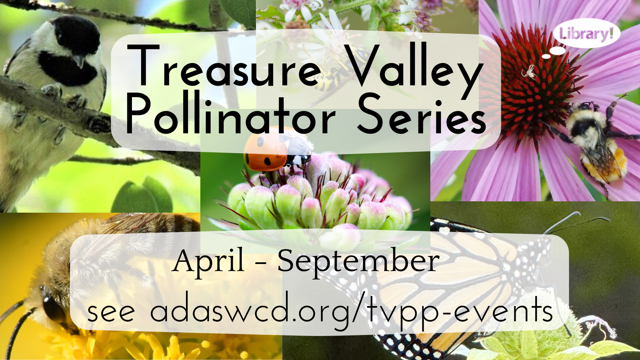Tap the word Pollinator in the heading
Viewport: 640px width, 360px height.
coord(230,113)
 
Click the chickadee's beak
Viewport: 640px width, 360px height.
coord(79,61)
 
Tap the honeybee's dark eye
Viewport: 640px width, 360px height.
coord(53,308)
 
